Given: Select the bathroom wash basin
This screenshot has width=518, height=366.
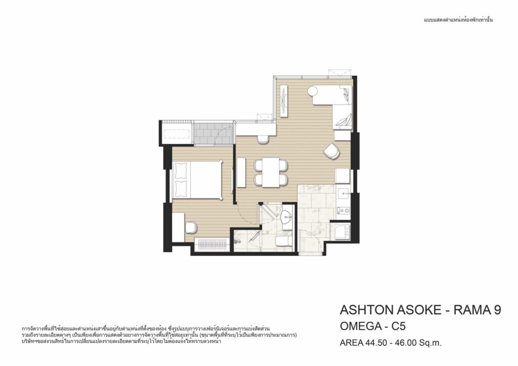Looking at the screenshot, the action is pos(286,216).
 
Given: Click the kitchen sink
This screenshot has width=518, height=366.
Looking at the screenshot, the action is pos(344,193).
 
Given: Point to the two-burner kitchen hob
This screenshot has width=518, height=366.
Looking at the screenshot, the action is pos(343,210).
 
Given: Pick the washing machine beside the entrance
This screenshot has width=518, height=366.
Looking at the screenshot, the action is pos(340,232).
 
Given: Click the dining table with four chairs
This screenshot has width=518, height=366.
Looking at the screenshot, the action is pos(271,172).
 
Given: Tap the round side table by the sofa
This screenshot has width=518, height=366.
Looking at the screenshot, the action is pos(313,90).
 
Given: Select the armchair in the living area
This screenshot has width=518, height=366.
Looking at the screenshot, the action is pos(332,151).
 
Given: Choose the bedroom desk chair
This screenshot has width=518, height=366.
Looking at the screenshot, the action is pos(191,227).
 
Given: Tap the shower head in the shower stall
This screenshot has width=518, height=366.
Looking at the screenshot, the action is pos(237,242).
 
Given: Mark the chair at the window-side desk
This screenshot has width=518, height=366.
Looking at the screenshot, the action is pos(263,139).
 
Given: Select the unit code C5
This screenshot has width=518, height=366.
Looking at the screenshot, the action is pos(398,327).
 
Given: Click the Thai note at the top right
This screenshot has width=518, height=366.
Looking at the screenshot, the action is pos(458,20).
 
